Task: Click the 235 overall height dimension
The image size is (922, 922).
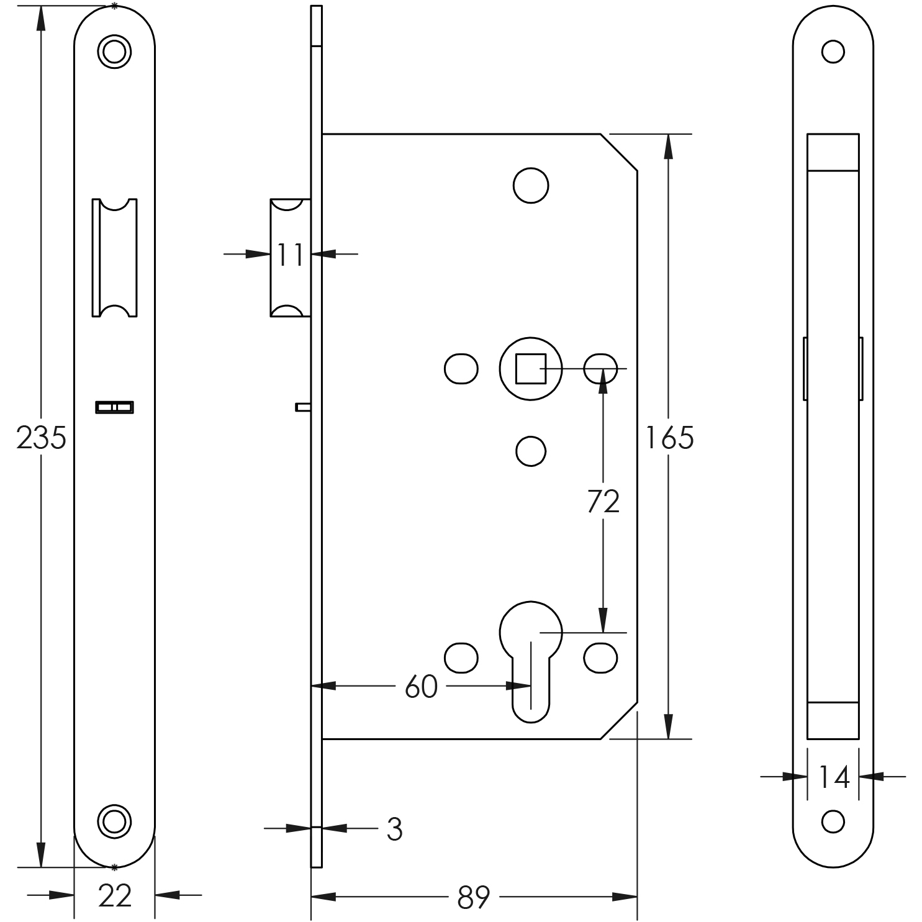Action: (41, 438)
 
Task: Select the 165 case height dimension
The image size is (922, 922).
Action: (669, 438)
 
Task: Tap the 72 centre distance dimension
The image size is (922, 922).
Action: (603, 502)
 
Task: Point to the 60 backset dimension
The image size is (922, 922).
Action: (421, 687)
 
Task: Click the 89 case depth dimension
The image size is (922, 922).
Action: (474, 897)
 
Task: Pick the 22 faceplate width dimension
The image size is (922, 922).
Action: (115, 896)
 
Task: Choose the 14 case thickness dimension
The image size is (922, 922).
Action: (833, 777)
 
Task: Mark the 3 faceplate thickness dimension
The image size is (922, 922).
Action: (394, 829)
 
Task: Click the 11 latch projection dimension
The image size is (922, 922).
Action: (290, 255)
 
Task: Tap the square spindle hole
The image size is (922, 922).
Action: (531, 369)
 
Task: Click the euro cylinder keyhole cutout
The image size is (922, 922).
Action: (531, 658)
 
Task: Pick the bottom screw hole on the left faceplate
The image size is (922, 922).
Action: (114, 821)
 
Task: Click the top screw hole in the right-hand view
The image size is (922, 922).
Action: (833, 52)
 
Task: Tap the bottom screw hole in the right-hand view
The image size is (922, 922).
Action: (833, 821)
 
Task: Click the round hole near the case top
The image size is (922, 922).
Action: (531, 185)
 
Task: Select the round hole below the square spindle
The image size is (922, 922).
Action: (531, 451)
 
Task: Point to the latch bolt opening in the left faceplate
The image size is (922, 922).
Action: (114, 258)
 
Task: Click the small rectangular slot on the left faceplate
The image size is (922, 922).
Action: (114, 407)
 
